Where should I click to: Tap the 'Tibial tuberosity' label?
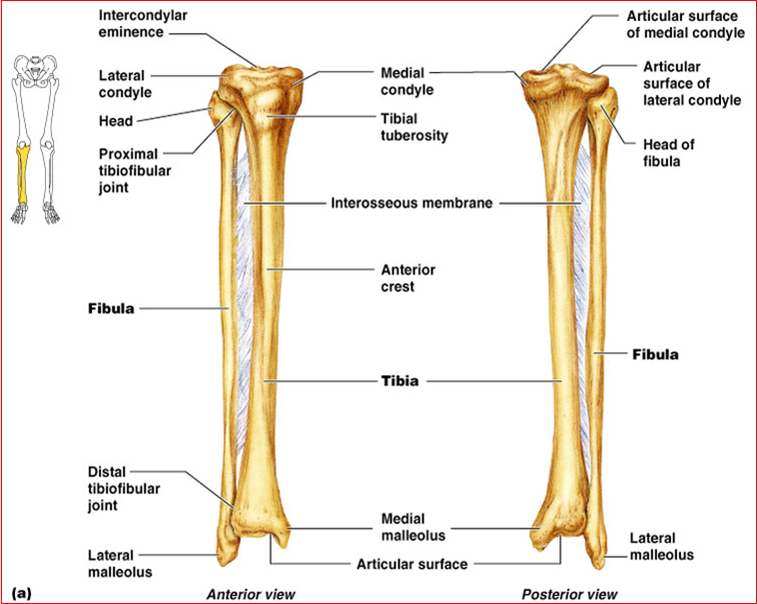pyautogui.click(x=413, y=126)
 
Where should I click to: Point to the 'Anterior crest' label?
pyautogui.click(x=408, y=278)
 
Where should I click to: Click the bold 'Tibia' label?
pyautogui.click(x=398, y=380)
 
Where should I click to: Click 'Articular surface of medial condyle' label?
pyautogui.click(x=685, y=24)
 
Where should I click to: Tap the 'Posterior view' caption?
pyautogui.click(x=569, y=594)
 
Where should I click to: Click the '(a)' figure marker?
pyautogui.click(x=22, y=593)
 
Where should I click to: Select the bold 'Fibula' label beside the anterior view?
pyautogui.click(x=109, y=307)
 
